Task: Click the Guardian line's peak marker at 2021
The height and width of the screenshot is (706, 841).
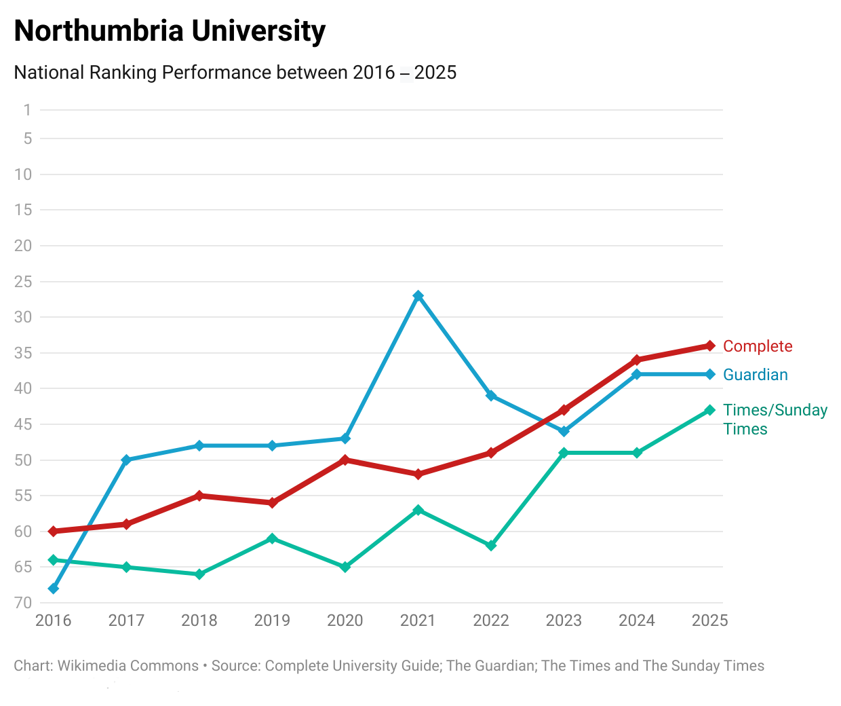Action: pyautogui.click(x=418, y=296)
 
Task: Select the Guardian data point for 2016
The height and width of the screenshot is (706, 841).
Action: pyautogui.click(x=54, y=589)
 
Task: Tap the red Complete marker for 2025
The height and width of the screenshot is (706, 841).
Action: pyautogui.click(x=710, y=346)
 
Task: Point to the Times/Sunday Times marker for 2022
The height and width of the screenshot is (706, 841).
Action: pyautogui.click(x=491, y=546)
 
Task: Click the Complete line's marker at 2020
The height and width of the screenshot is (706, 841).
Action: pyautogui.click(x=345, y=460)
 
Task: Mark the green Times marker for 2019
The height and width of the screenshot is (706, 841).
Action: pyautogui.click(x=272, y=538)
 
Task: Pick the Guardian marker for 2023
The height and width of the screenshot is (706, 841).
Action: pyautogui.click(x=564, y=431)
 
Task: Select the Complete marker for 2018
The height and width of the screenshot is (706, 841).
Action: pyautogui.click(x=199, y=496)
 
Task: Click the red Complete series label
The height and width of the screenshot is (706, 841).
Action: pyautogui.click(x=758, y=346)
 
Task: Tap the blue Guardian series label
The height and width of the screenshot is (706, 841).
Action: pyautogui.click(x=756, y=375)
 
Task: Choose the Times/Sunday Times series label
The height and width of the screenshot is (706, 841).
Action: pyautogui.click(x=775, y=420)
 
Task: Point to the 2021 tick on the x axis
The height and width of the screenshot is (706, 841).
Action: pyautogui.click(x=418, y=620)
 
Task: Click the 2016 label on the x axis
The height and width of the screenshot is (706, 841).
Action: pyautogui.click(x=54, y=620)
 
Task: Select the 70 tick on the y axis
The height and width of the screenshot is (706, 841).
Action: pyautogui.click(x=23, y=603)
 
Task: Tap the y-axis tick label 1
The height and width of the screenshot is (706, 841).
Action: pyautogui.click(x=27, y=110)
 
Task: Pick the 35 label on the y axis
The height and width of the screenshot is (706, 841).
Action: pyautogui.click(x=23, y=353)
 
